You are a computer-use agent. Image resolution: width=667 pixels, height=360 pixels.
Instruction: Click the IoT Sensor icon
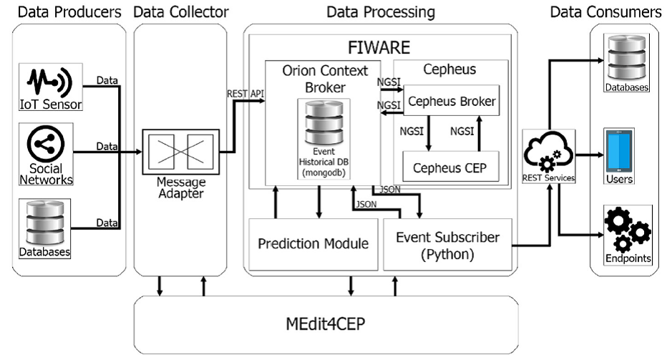pos(49,82)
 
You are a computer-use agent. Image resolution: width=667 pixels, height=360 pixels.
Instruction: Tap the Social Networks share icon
pos(46,144)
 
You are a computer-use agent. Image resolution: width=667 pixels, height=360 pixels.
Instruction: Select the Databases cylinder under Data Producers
pos(45,223)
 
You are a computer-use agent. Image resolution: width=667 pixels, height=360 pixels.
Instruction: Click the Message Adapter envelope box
pos(181,152)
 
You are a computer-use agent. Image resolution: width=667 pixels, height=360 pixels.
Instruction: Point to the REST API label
pos(245,94)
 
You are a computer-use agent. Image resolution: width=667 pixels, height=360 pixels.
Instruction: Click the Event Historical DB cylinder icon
pos(324,123)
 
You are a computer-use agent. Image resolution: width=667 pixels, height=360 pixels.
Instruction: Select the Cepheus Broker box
pos(452,101)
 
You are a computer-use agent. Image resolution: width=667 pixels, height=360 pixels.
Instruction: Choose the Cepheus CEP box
pos(450,167)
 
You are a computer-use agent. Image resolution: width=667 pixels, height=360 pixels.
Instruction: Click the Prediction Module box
pos(313,244)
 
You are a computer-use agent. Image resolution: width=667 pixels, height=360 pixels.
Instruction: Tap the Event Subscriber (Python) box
pos(447,245)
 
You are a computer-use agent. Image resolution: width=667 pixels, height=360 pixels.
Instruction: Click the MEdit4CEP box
pos(326,325)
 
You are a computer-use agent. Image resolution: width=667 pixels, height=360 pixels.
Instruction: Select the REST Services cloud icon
pos(548,152)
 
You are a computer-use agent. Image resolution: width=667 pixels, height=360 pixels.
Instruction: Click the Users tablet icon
pos(619,152)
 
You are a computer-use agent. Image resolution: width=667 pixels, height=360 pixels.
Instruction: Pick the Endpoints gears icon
pos(628,230)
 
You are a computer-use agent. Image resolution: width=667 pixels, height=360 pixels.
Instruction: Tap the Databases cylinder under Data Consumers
pos(627,58)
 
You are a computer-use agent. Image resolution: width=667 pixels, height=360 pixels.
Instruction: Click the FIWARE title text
pos(379,47)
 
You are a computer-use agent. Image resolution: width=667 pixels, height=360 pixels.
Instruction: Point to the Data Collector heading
pos(181,12)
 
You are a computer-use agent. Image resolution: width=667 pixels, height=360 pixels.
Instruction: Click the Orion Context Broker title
pos(325,79)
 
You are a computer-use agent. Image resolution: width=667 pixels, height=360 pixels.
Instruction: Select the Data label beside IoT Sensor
pos(107,80)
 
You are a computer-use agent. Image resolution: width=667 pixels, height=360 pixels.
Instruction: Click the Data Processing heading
pos(381,12)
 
